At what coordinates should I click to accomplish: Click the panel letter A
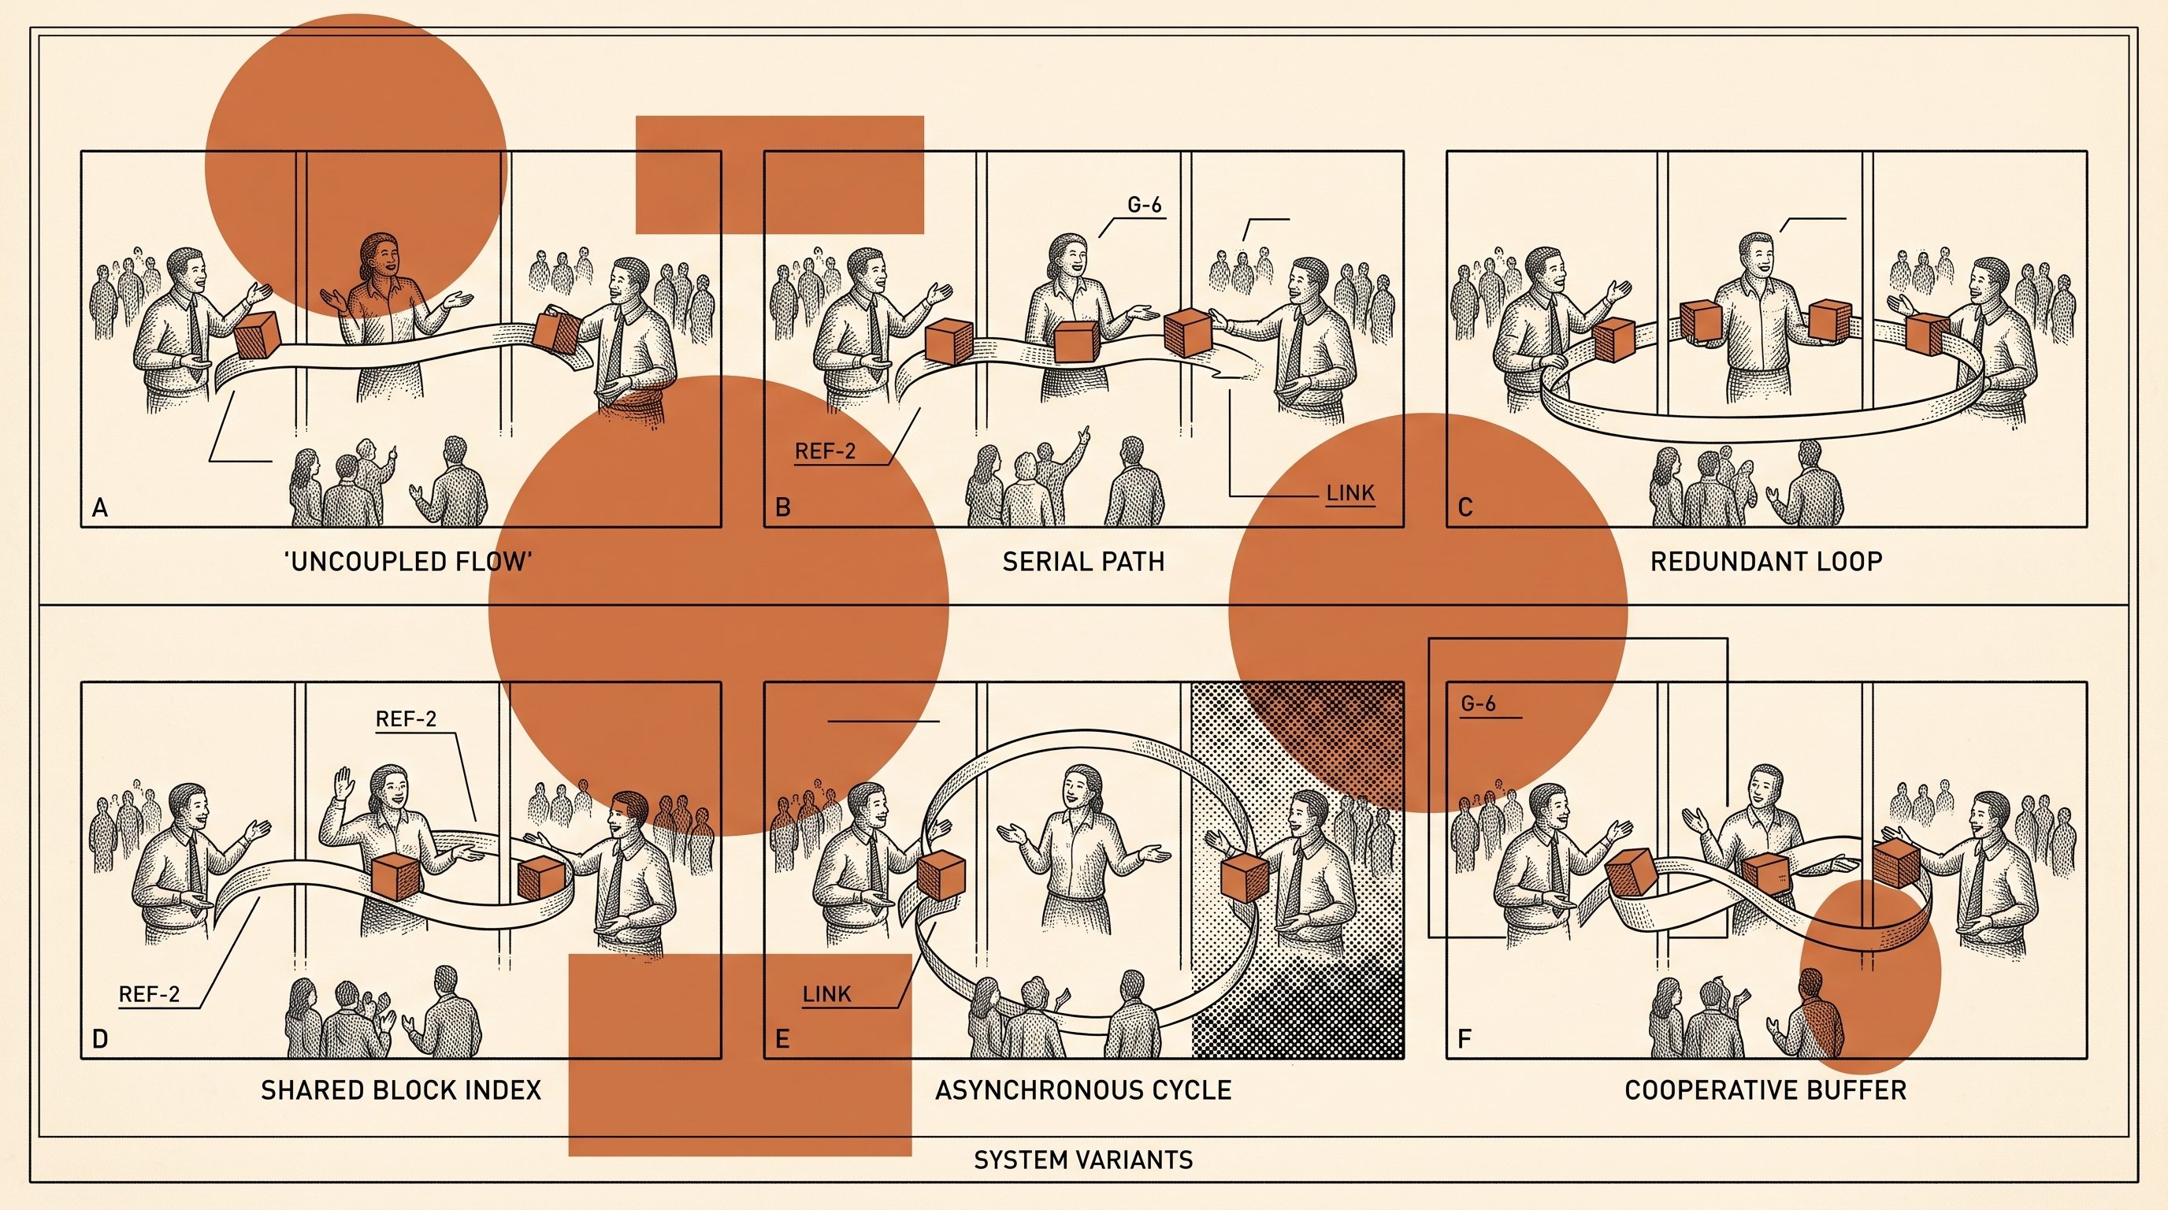pyautogui.click(x=100, y=507)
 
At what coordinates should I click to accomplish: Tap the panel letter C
pyautogui.click(x=1465, y=507)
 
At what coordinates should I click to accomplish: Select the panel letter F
pyautogui.click(x=1465, y=1039)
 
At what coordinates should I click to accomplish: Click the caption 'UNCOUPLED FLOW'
pyautogui.click(x=408, y=561)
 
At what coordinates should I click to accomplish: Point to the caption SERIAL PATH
pyautogui.click(x=1083, y=561)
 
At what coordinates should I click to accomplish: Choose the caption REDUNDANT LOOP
pyautogui.click(x=1765, y=561)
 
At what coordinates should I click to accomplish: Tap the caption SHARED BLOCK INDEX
pyautogui.click(x=401, y=1090)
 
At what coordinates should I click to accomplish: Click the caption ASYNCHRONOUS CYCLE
pyautogui.click(x=1083, y=1090)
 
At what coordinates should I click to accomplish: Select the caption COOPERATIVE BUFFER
pyautogui.click(x=1765, y=1090)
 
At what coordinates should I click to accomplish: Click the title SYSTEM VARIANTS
pyautogui.click(x=1083, y=1160)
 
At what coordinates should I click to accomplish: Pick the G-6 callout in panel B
pyautogui.click(x=1145, y=205)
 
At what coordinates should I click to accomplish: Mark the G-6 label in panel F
pyautogui.click(x=1479, y=703)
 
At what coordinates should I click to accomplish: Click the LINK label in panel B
pyautogui.click(x=1350, y=493)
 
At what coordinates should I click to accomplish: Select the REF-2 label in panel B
pyautogui.click(x=825, y=451)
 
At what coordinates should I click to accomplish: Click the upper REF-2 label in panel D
pyautogui.click(x=406, y=718)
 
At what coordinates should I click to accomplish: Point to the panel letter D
pyautogui.click(x=100, y=1039)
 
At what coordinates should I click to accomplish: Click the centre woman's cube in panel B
pyautogui.click(x=1075, y=343)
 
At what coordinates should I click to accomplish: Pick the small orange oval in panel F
pyautogui.click(x=1870, y=976)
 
